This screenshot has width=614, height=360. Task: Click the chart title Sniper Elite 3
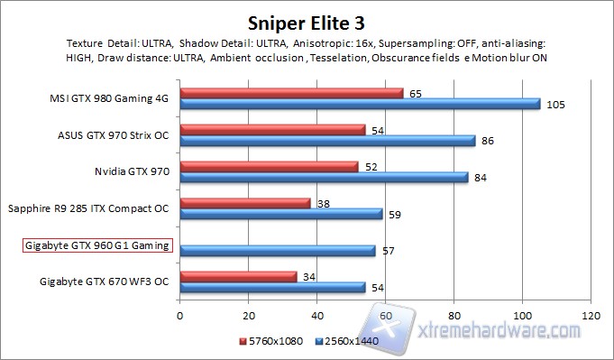click(x=307, y=21)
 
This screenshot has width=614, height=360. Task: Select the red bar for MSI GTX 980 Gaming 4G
click(x=291, y=92)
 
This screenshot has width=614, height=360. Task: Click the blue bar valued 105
click(x=360, y=104)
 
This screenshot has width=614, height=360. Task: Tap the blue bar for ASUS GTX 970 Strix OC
click(x=327, y=141)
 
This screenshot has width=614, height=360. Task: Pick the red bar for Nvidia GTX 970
click(x=270, y=166)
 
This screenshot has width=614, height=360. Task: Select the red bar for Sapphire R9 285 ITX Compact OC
click(x=245, y=203)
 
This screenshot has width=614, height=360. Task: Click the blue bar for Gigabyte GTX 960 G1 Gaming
click(x=278, y=251)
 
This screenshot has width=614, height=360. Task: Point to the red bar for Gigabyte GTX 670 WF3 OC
click(x=238, y=276)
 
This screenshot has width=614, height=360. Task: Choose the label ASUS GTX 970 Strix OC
click(x=112, y=135)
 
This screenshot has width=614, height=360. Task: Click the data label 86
click(x=487, y=141)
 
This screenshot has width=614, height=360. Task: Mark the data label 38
click(x=324, y=205)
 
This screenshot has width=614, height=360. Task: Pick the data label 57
click(x=389, y=251)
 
